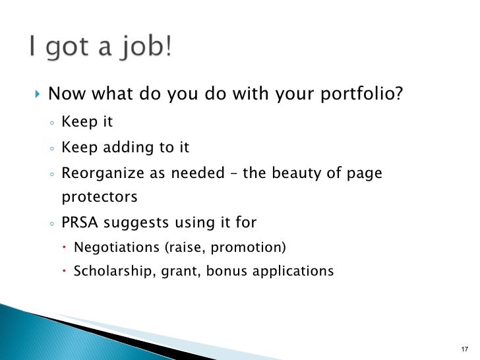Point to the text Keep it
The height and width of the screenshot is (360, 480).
click(x=88, y=123)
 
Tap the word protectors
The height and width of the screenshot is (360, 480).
click(x=100, y=197)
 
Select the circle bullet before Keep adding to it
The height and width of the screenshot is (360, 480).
click(x=51, y=149)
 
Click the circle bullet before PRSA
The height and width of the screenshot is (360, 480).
click(x=51, y=224)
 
